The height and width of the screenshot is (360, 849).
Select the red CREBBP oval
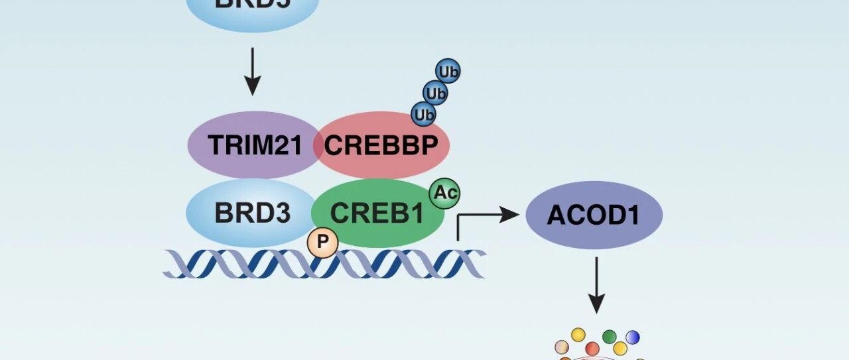(x=385, y=145)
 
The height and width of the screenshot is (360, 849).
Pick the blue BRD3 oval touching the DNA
(x=252, y=213)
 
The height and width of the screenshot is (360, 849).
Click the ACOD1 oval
(x=594, y=215)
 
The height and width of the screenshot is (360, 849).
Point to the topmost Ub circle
(x=448, y=71)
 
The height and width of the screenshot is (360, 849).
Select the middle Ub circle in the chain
(x=436, y=93)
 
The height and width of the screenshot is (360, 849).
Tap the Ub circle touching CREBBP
(x=424, y=115)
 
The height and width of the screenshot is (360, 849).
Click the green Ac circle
(x=444, y=193)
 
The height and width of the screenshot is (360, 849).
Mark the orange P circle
(x=322, y=243)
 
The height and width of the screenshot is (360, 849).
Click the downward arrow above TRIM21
(x=252, y=71)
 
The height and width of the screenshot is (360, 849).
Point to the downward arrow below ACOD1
(x=596, y=285)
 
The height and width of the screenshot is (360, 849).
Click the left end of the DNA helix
(x=170, y=264)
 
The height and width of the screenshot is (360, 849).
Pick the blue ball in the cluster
(x=633, y=337)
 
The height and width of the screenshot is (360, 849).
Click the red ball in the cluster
(x=592, y=348)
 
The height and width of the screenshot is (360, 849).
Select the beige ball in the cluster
(x=562, y=346)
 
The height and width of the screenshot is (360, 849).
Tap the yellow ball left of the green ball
(x=578, y=335)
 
